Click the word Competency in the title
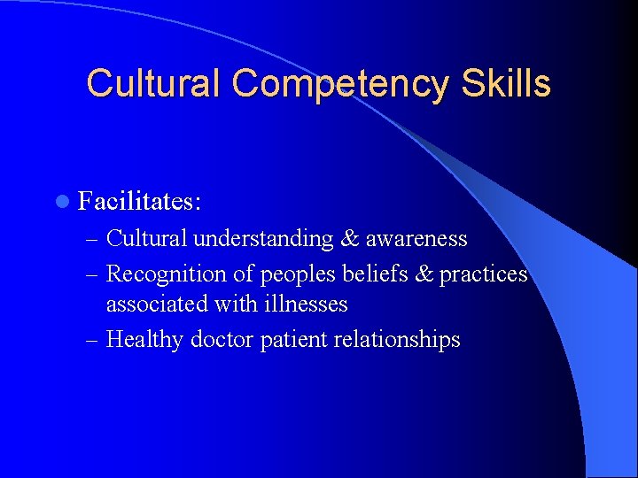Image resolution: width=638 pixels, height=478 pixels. [x=340, y=84]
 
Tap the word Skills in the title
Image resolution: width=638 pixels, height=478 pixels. [x=505, y=84]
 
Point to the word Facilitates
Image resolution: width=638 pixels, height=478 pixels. [x=140, y=202]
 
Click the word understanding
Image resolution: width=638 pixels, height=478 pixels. [x=263, y=239]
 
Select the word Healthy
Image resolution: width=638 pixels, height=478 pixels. [x=142, y=339]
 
